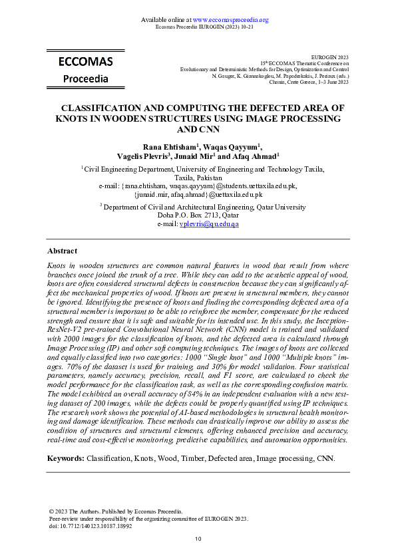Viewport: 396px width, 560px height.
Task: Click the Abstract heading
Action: pyautogui.click(x=62, y=251)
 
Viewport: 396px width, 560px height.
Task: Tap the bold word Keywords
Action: pyautogui.click(x=65, y=459)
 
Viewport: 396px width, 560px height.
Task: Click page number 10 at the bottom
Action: pyautogui.click(x=198, y=539)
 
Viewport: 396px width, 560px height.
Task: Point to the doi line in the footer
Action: pyautogui.click(x=91, y=525)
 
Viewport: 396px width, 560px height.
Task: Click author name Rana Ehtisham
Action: pyautogui.click(x=170, y=147)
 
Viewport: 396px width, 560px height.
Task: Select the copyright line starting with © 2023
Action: pyautogui.click(x=115, y=511)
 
